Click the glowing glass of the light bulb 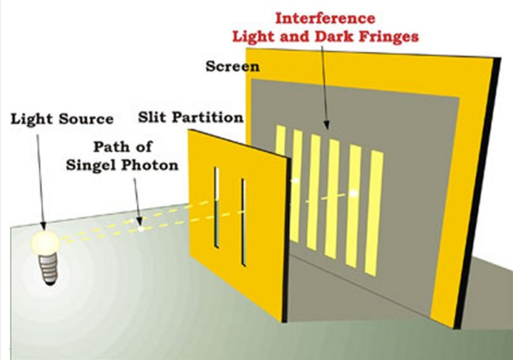(45, 242)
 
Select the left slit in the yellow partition (216, 207)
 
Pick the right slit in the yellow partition (243, 222)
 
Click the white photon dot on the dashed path (141, 229)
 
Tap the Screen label (232, 66)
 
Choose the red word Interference (325, 19)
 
